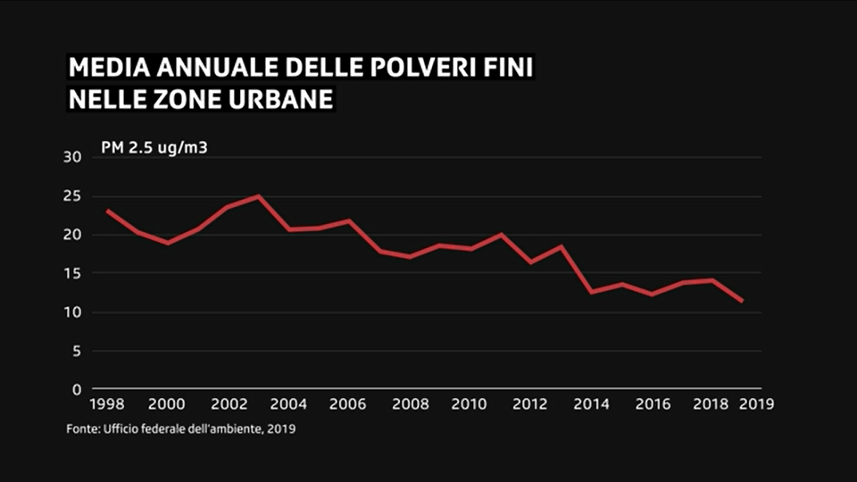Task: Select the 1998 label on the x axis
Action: tap(108, 404)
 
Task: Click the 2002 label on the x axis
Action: tap(229, 404)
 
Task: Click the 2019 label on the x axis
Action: tap(755, 404)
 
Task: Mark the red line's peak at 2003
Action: tap(259, 196)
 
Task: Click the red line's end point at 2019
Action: tap(742, 302)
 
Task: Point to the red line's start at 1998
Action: tap(108, 211)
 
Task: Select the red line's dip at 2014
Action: tap(592, 292)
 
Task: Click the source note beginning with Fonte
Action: tap(181, 429)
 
